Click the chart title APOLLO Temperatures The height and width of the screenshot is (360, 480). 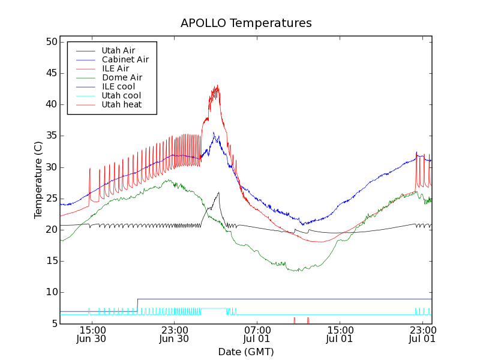coord(246,23)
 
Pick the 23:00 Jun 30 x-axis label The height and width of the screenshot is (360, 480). coord(175,334)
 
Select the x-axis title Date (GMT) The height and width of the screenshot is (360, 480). coord(246,352)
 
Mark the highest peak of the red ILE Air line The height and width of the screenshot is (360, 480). coord(217,85)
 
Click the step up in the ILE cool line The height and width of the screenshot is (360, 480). coord(137,305)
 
